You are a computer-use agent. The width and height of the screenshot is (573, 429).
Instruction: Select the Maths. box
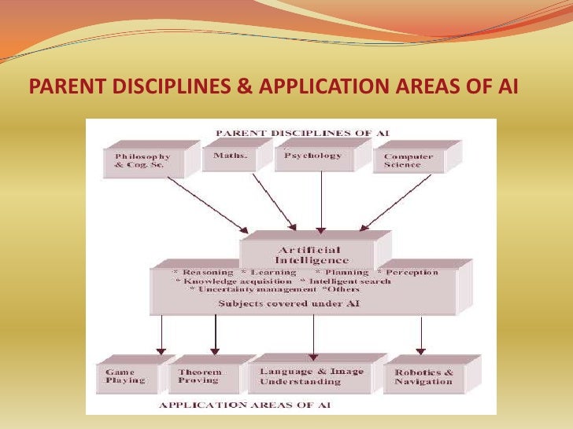[x=230, y=156]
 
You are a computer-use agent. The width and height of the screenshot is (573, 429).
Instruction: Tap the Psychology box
[x=312, y=156]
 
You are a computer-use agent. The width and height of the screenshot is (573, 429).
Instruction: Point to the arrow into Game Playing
[x=161, y=335]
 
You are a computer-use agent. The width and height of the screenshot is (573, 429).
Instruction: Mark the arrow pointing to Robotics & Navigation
[x=420, y=335]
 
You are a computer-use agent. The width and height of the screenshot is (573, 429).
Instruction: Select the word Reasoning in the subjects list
[x=207, y=273]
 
